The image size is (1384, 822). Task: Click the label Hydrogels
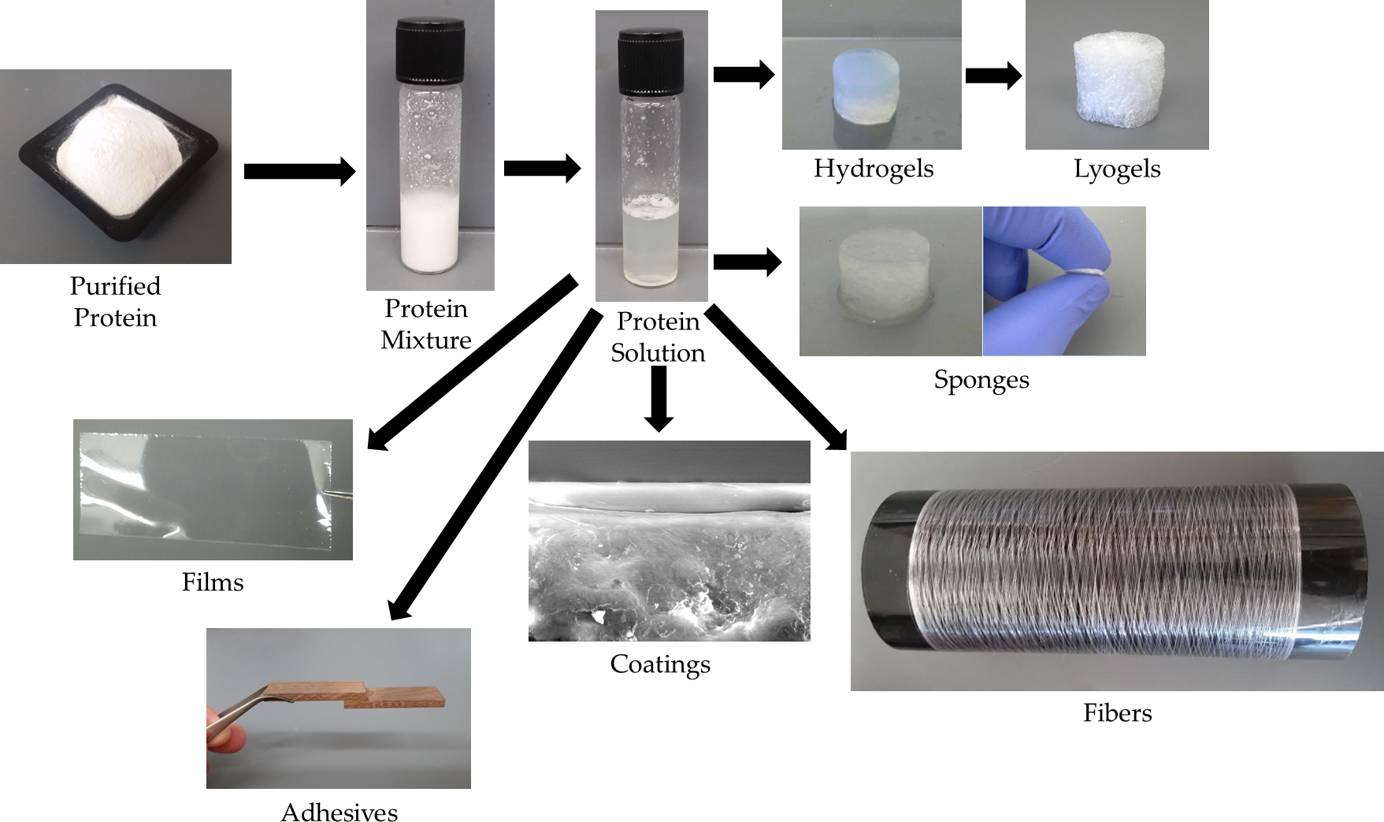[x=873, y=169]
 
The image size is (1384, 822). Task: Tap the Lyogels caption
[x=1117, y=169]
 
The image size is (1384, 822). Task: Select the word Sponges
[x=981, y=380]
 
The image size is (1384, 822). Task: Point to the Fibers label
[x=1117, y=713]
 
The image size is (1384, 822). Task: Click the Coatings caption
[x=660, y=664]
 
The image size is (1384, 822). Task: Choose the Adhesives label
[x=339, y=813]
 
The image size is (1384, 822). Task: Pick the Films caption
[x=213, y=582]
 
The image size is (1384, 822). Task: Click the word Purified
[x=115, y=286]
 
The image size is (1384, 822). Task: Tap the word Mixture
[x=426, y=340]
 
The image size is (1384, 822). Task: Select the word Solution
[x=658, y=352]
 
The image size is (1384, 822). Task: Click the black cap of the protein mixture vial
[x=430, y=51]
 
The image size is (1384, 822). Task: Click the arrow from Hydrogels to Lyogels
[x=993, y=76]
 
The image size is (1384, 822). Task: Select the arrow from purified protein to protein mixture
[x=299, y=171]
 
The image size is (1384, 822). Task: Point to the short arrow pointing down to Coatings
[x=659, y=398]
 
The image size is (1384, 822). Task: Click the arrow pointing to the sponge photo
[x=747, y=262]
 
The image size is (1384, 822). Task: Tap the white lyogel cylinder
[x=1116, y=79]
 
